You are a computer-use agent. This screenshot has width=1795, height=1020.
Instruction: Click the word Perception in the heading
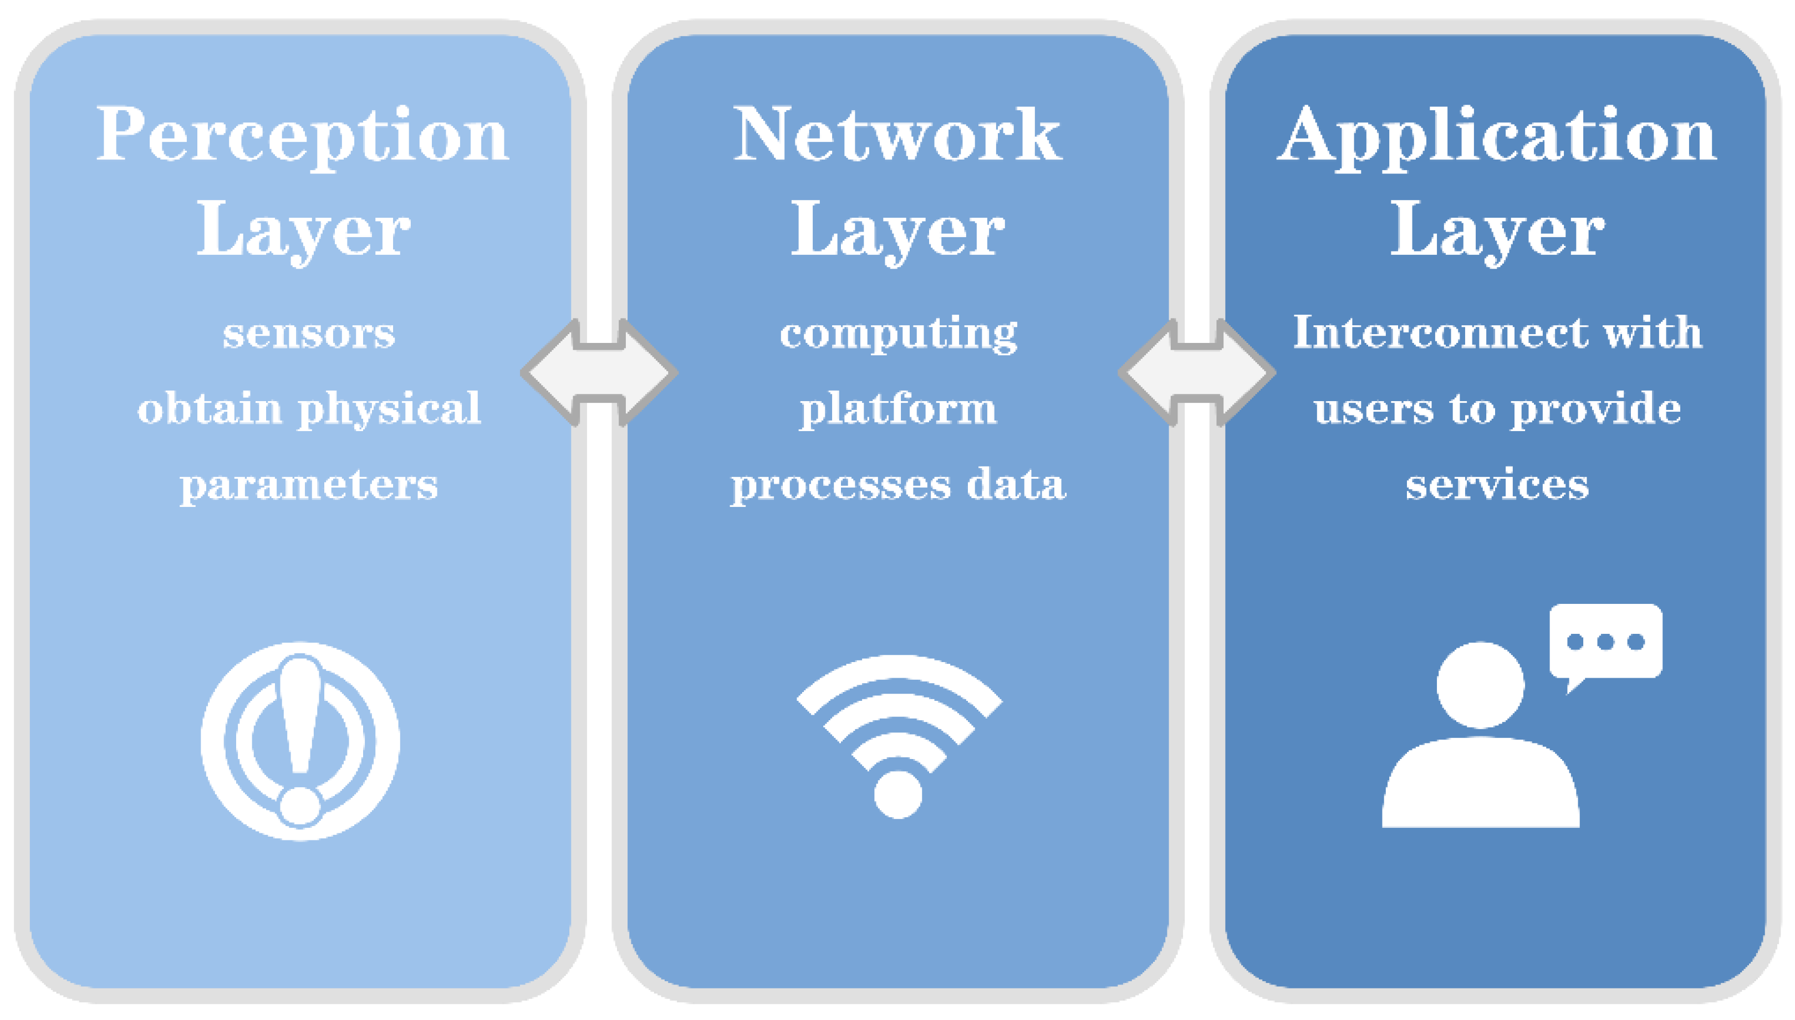tap(302, 135)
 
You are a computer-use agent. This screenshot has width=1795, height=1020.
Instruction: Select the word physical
tap(390, 409)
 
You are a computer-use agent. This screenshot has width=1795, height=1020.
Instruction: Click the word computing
tap(898, 334)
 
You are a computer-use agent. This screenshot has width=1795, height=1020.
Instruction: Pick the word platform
tap(898, 409)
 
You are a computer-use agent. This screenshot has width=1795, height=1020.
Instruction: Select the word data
tap(1016, 484)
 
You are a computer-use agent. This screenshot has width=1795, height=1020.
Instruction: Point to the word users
tap(1374, 409)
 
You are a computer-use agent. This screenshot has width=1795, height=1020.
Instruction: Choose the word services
tap(1497, 485)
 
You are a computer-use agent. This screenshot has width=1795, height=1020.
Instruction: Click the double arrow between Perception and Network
tap(599, 373)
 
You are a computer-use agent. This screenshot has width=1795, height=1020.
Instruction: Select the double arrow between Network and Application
tap(1196, 373)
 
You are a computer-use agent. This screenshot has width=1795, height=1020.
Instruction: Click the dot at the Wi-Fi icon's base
tap(898, 794)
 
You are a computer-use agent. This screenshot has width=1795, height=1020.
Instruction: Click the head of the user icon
tap(1480, 684)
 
